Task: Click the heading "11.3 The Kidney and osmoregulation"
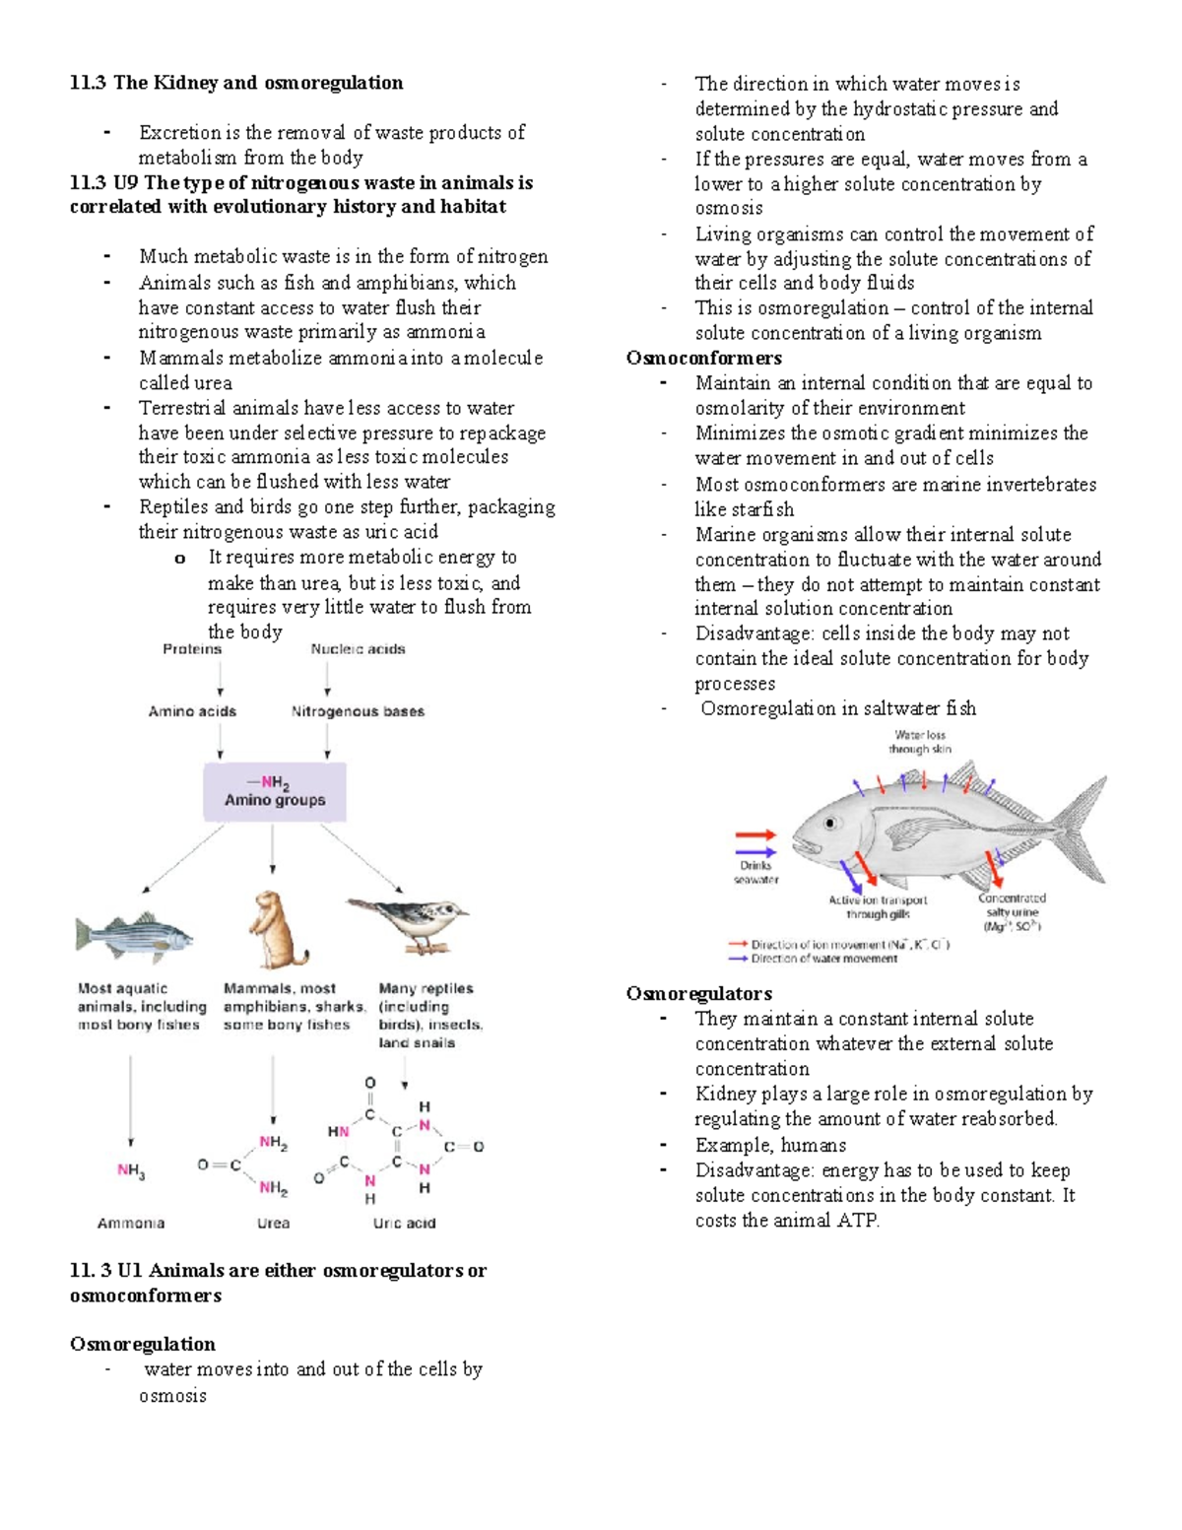tap(236, 83)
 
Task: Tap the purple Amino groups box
tap(275, 792)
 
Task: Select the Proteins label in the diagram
tap(192, 649)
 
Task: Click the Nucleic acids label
tap(358, 649)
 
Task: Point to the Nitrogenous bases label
tap(358, 711)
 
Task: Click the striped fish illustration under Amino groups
tap(134, 935)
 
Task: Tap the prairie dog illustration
tap(276, 930)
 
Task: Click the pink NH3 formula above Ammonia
tap(131, 1170)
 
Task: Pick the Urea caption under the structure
tap(273, 1224)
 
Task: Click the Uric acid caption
tap(404, 1224)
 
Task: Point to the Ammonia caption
tap(131, 1224)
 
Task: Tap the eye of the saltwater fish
tap(831, 823)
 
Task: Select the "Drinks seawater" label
tap(755, 873)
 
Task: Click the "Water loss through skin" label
tap(919, 742)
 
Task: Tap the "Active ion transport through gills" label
tap(878, 906)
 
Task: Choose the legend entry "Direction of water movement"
tap(823, 959)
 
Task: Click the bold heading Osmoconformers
tap(703, 358)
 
